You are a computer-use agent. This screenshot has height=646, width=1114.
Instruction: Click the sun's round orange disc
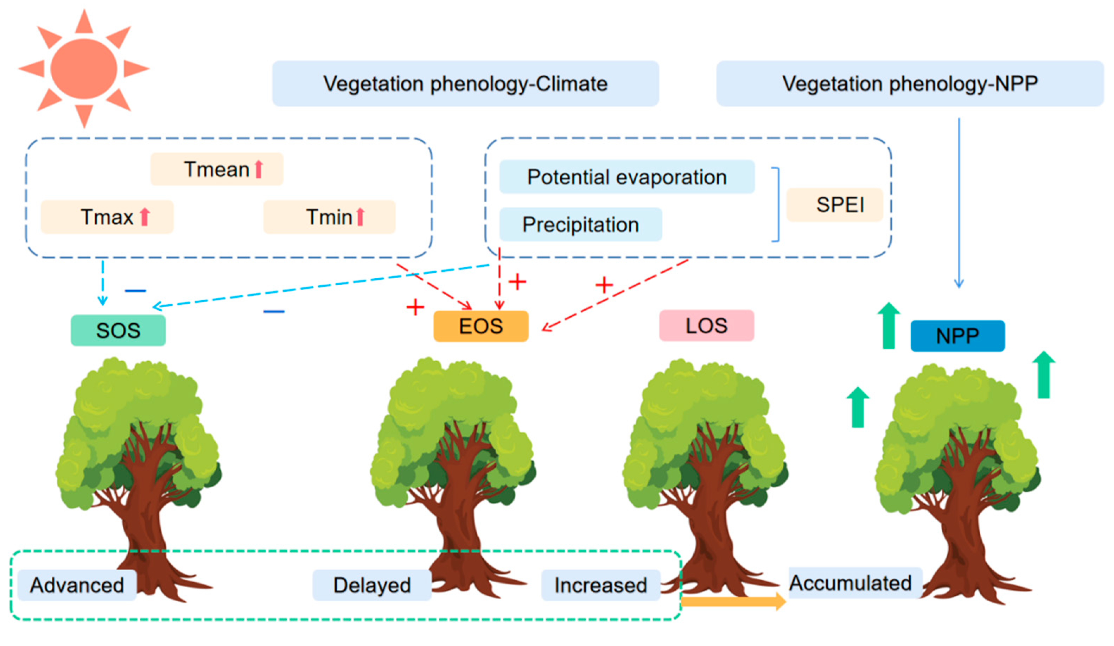(84, 69)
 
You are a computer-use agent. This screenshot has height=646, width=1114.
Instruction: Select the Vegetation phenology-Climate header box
(465, 84)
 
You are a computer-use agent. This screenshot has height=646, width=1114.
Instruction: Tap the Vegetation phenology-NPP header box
(909, 84)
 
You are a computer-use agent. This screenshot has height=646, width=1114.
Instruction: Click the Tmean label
(217, 169)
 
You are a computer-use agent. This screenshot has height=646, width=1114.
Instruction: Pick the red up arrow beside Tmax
(145, 217)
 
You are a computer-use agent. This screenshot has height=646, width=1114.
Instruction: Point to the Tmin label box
(329, 217)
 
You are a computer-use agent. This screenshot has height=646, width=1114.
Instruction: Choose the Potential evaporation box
(626, 177)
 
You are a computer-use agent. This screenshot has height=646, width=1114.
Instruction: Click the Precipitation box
(580, 224)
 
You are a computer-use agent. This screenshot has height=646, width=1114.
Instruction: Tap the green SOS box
(118, 330)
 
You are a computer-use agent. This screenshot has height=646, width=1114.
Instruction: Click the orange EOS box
(480, 326)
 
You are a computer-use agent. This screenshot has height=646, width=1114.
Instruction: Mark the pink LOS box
(706, 325)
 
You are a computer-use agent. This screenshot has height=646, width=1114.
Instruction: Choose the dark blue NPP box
(957, 336)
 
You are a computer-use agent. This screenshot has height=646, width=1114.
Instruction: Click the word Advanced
(77, 585)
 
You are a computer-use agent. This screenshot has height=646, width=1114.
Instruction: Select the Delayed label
(372, 585)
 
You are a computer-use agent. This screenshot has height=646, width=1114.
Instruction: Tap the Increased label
(600, 585)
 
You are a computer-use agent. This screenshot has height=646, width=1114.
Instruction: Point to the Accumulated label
(850, 583)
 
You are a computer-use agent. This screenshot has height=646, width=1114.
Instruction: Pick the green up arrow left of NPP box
(889, 326)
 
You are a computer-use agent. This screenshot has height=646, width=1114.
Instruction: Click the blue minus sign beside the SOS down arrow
(135, 291)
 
